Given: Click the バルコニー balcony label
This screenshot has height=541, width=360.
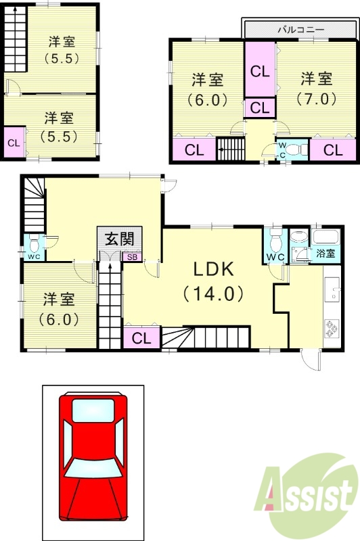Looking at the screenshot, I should [x=301, y=30].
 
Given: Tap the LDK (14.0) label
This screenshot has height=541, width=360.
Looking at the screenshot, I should [x=214, y=281].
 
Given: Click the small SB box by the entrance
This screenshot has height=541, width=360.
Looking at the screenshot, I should [x=131, y=257].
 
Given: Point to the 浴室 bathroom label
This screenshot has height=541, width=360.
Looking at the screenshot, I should [x=325, y=254].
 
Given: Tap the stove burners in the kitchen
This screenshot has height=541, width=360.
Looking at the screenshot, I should [x=332, y=329].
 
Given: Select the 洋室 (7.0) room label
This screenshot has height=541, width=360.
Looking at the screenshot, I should [x=316, y=88].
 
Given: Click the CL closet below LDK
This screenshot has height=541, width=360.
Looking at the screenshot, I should [x=142, y=337].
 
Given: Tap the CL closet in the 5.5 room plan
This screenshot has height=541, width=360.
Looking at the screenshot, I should [x=13, y=143].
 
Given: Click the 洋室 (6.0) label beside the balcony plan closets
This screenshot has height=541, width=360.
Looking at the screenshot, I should [x=206, y=88].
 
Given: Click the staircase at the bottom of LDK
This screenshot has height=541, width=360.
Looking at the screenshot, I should [x=206, y=336].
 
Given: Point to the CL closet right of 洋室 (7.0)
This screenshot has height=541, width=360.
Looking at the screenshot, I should [x=333, y=150].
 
